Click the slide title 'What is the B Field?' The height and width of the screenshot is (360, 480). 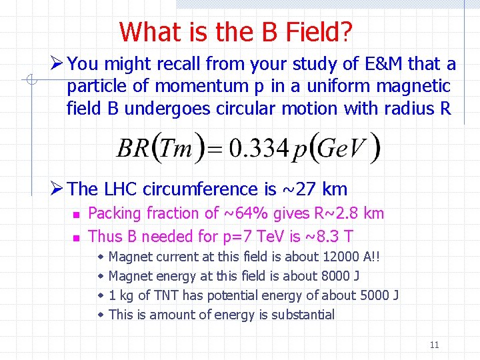(236, 31)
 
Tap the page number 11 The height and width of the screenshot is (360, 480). (434, 345)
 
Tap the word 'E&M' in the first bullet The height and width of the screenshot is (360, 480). (382, 64)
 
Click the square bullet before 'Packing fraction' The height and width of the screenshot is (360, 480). (76, 215)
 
